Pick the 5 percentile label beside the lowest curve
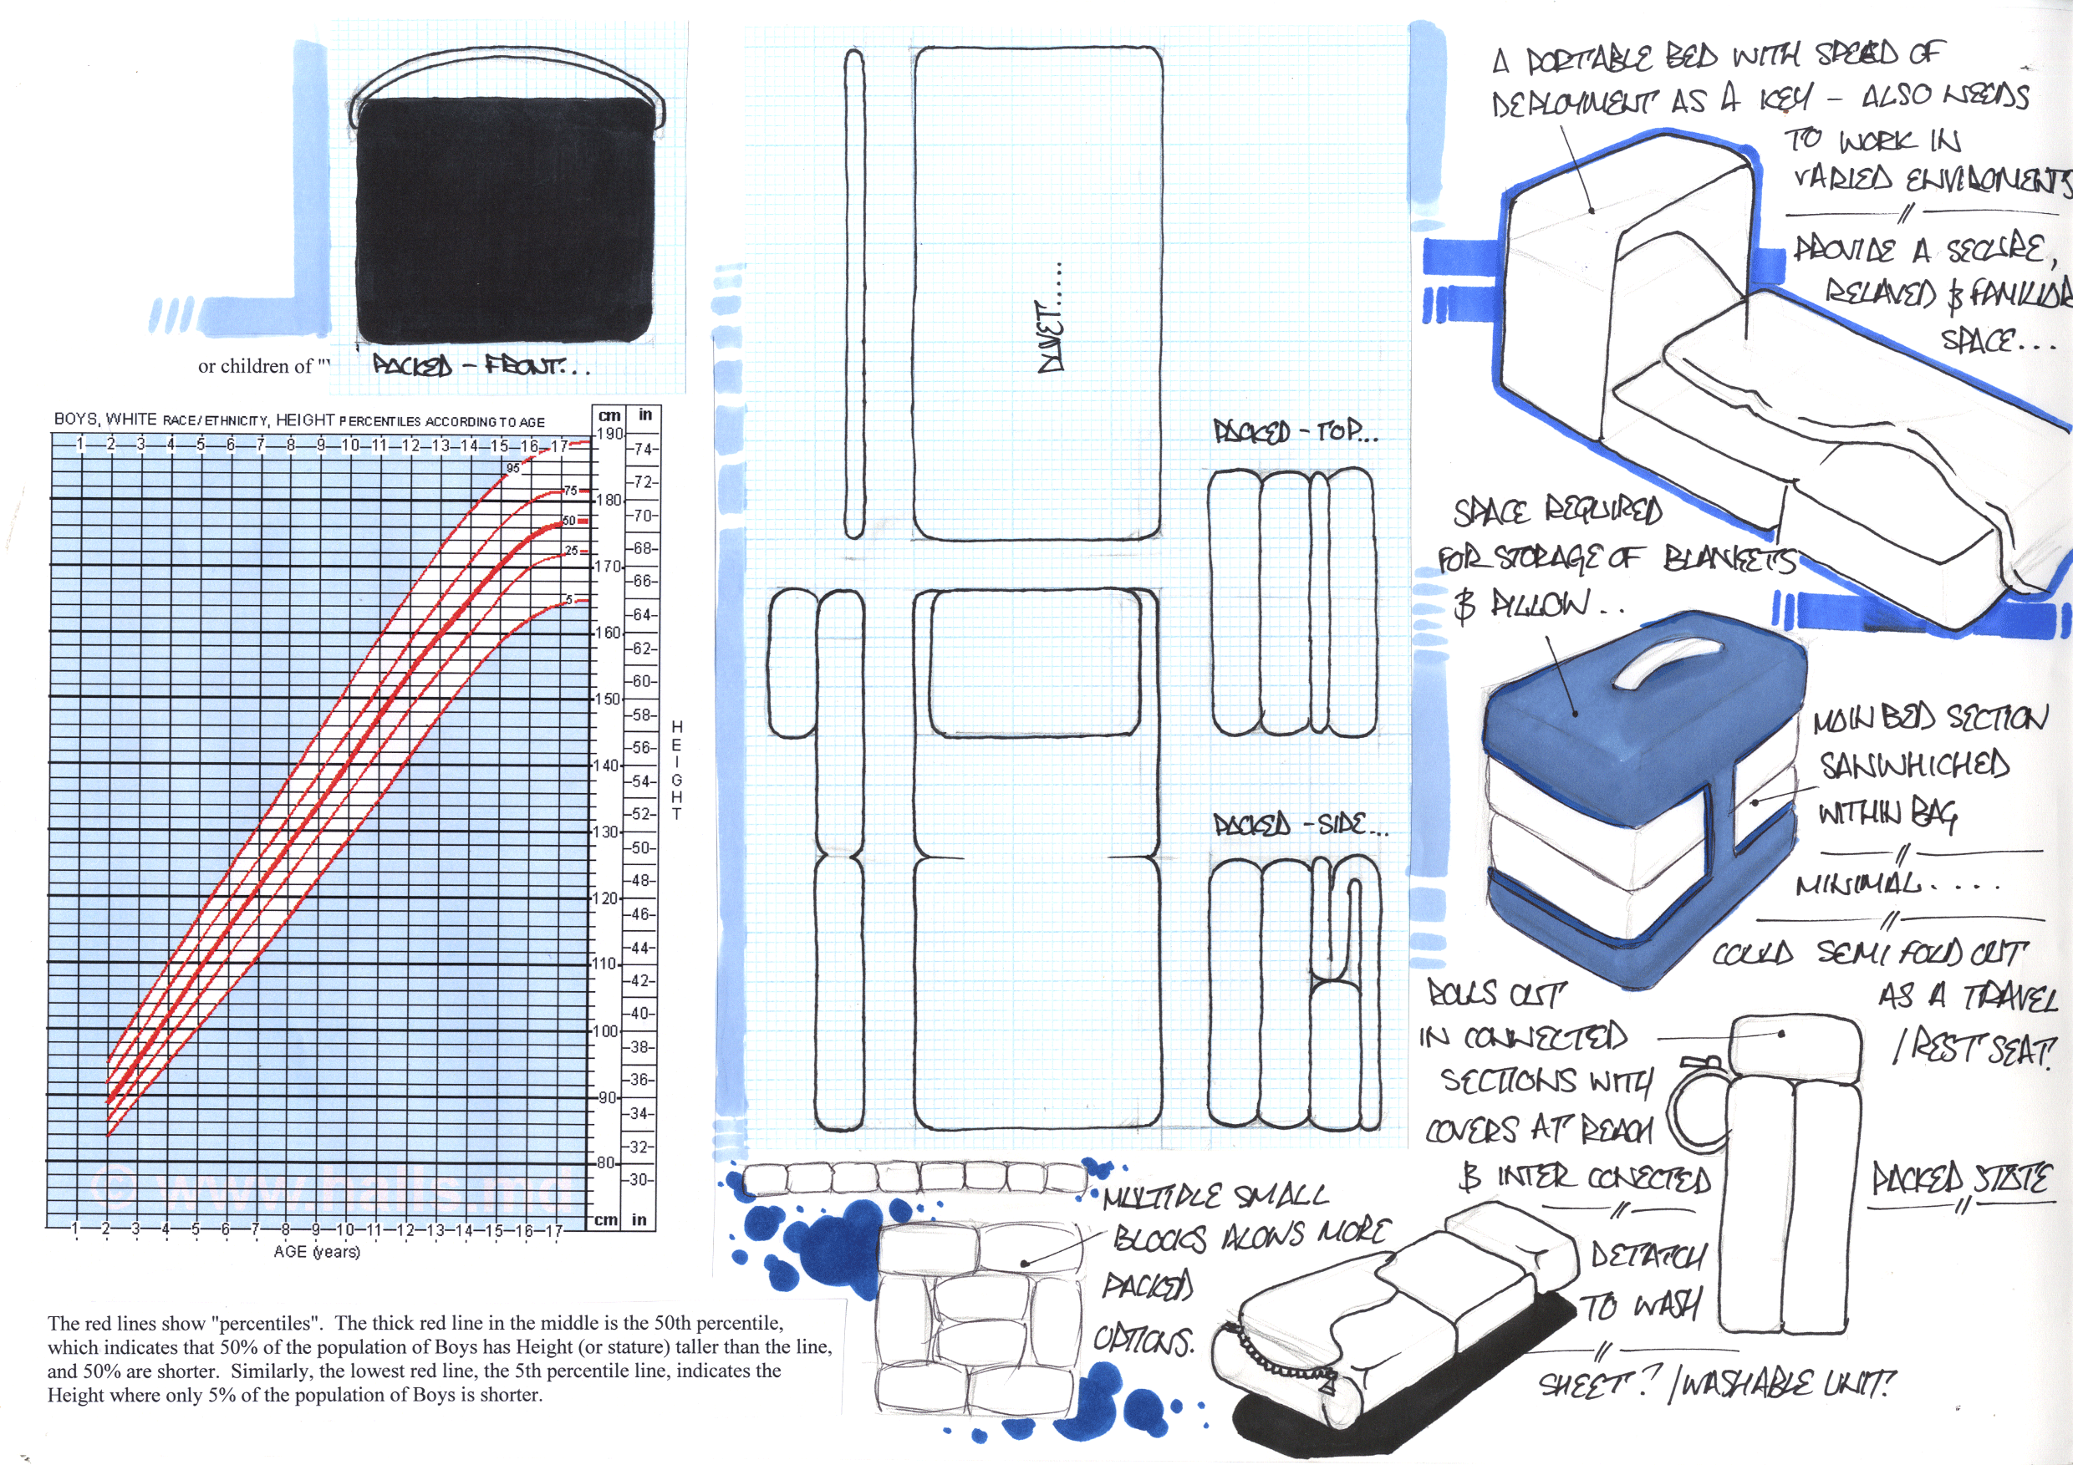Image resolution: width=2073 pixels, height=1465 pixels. pos(568,600)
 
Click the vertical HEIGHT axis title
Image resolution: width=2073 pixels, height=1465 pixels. pos(676,769)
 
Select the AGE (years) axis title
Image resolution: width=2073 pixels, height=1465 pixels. pos(317,1252)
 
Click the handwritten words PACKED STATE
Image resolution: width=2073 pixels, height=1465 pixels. pos(1960,1179)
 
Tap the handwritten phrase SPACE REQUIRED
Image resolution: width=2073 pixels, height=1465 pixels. pos(1556,511)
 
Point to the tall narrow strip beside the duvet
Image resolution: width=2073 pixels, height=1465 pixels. pos(853,293)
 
